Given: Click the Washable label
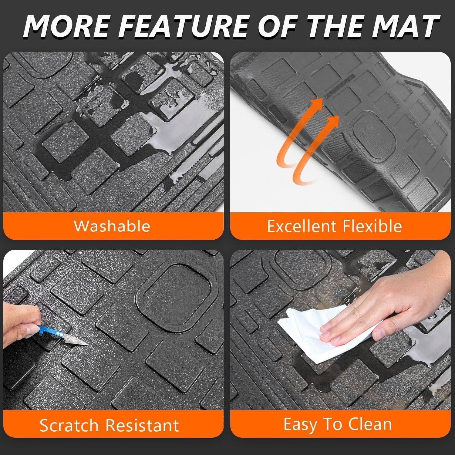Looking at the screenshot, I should tap(112, 226).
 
